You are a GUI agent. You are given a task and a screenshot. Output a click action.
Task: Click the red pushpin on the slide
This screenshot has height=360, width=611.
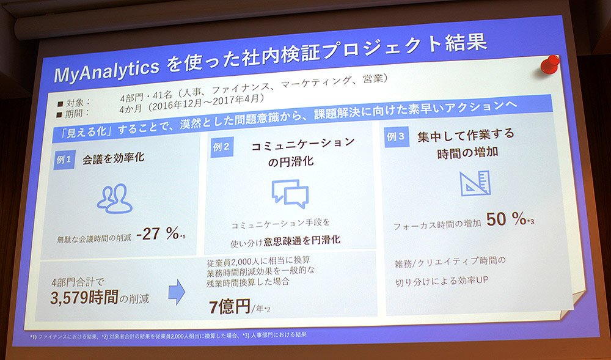click(550, 64)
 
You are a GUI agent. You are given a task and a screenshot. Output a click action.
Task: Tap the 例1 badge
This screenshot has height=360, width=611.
click(64, 160)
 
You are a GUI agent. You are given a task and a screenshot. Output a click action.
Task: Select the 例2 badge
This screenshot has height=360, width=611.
click(222, 147)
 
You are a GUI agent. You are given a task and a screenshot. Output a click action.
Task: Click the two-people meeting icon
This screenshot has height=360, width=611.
click(114, 198)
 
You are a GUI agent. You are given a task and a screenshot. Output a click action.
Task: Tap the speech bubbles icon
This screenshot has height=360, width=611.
click(290, 194)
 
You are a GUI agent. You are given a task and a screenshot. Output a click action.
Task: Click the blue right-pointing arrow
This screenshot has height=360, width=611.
click(177, 292)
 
